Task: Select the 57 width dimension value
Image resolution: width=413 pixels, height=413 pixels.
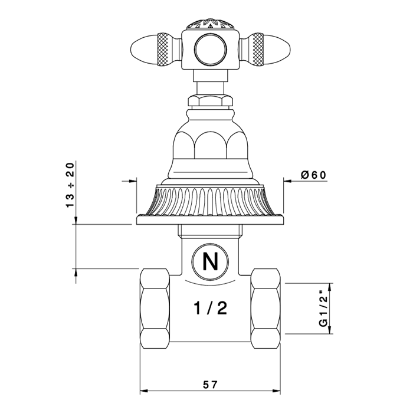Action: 210,384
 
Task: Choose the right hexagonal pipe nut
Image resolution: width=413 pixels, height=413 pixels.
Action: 265,309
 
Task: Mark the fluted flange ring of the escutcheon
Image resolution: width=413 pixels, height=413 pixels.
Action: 209,201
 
